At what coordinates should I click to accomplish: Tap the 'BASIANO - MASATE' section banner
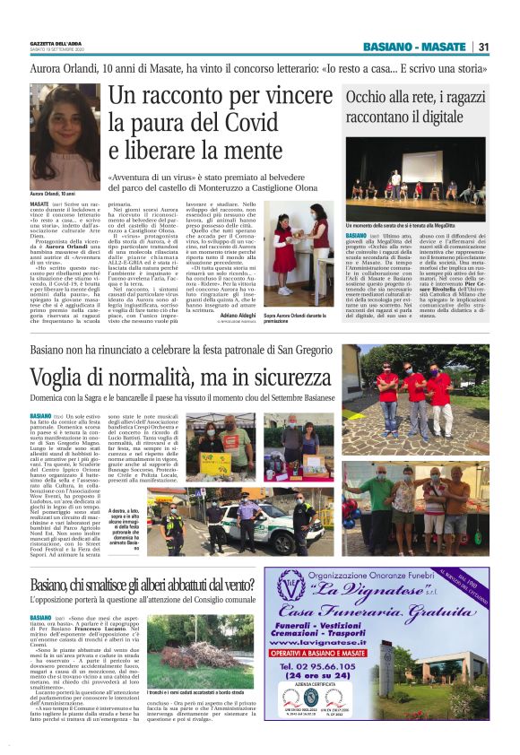415,48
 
